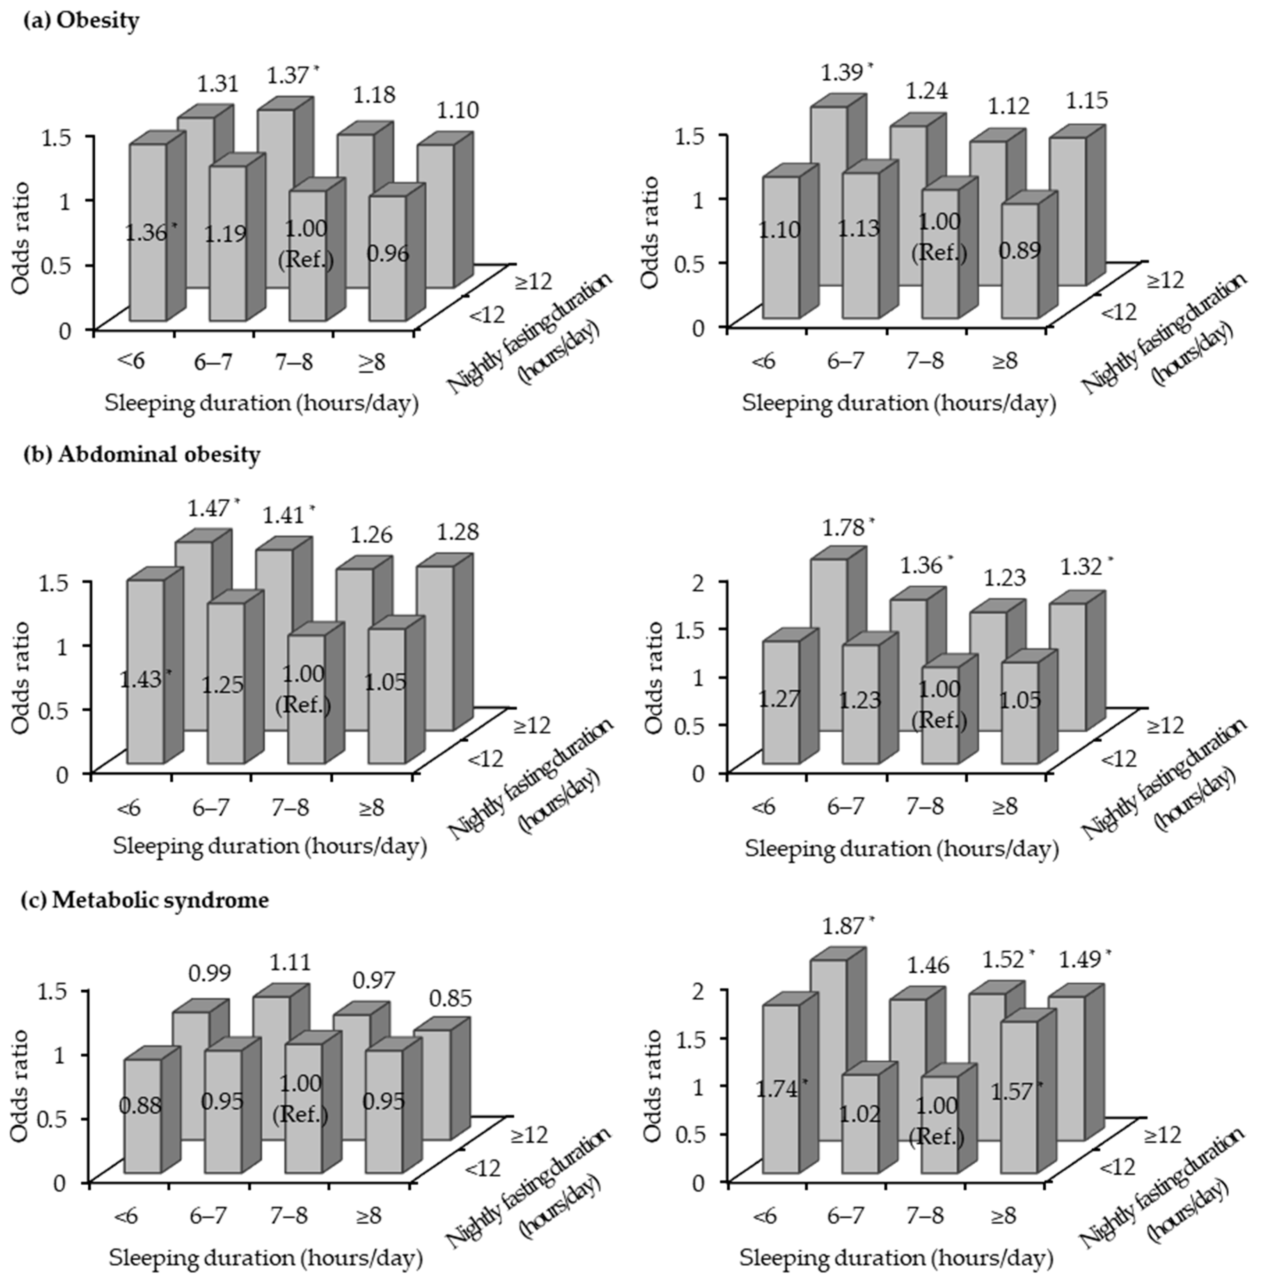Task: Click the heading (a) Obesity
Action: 81,21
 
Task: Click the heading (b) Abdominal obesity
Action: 141,455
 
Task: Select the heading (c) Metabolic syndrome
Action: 146,900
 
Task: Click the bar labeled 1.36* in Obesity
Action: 147,232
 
